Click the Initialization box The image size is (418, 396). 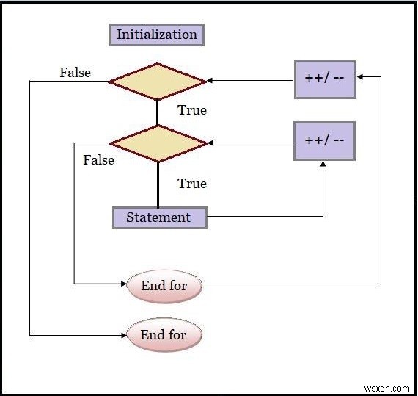[157, 35]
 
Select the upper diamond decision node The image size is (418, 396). [158, 81]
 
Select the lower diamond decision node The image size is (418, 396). [158, 143]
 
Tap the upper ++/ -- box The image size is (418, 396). [325, 78]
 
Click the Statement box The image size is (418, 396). [159, 217]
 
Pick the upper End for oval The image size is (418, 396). [164, 285]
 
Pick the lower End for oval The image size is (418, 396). [163, 335]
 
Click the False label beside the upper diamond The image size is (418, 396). [75, 72]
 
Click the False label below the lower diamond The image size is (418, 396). [98, 159]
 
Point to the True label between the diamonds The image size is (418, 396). [192, 110]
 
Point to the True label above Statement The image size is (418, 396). [192, 184]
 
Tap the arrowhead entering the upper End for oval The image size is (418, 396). [124, 283]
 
